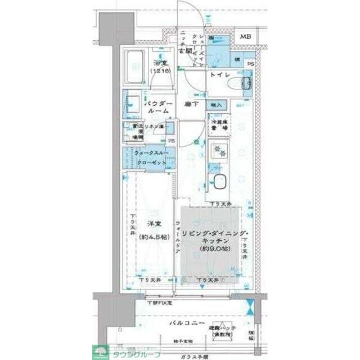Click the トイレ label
pos(219,75)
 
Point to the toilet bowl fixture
pos(246,85)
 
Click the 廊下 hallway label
pos(191,104)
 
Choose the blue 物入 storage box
pos(217,105)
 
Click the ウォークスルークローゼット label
pos(150,158)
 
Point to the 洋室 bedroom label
pos(150,224)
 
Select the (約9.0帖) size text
pos(213,248)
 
